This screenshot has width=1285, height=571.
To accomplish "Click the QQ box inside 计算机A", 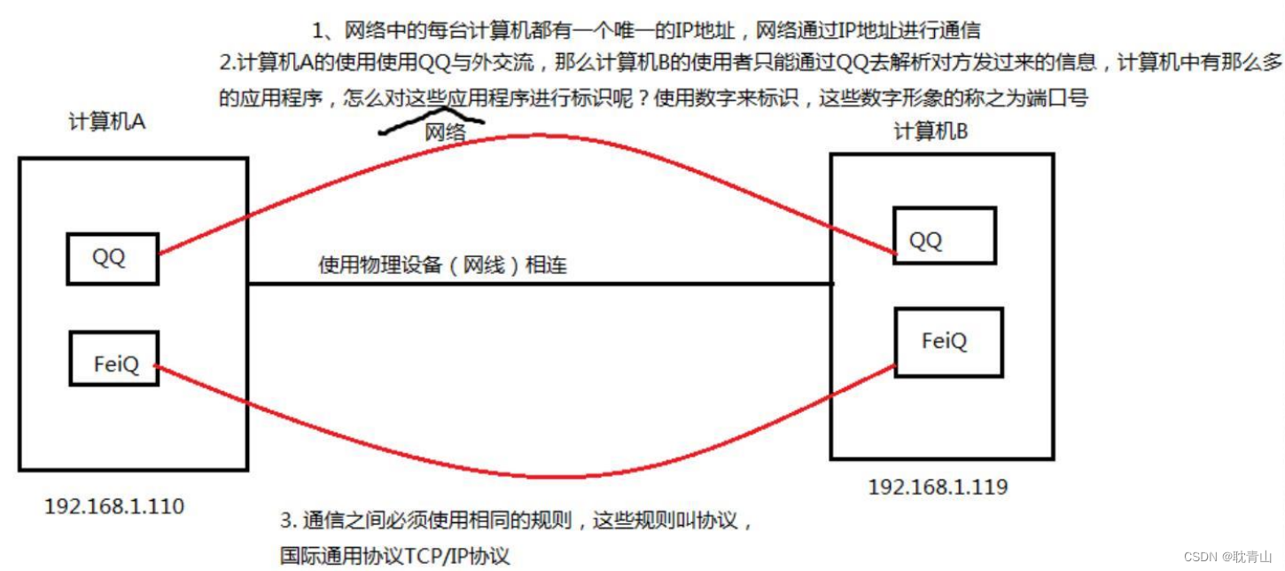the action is pos(113,259).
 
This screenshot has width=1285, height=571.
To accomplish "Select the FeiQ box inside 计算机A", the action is pos(113,359).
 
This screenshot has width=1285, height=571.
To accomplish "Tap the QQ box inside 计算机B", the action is pos(944,236).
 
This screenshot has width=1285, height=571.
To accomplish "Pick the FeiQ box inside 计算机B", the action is pos(948,342).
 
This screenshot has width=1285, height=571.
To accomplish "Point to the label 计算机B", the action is pos(931,132).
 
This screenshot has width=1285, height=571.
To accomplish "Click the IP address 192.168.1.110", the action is pos(114,507).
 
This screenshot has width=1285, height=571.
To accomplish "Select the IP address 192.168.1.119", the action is pos(938,487).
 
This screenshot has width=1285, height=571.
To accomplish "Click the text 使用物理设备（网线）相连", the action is pos(442,266).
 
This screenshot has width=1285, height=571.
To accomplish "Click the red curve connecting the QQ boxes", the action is pos(532,137).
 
